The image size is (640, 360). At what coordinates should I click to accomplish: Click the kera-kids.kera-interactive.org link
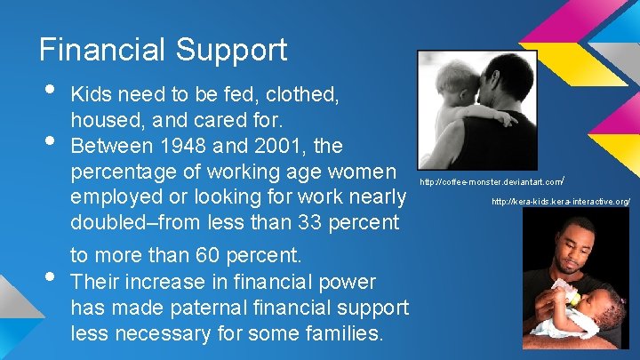pos(561,203)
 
